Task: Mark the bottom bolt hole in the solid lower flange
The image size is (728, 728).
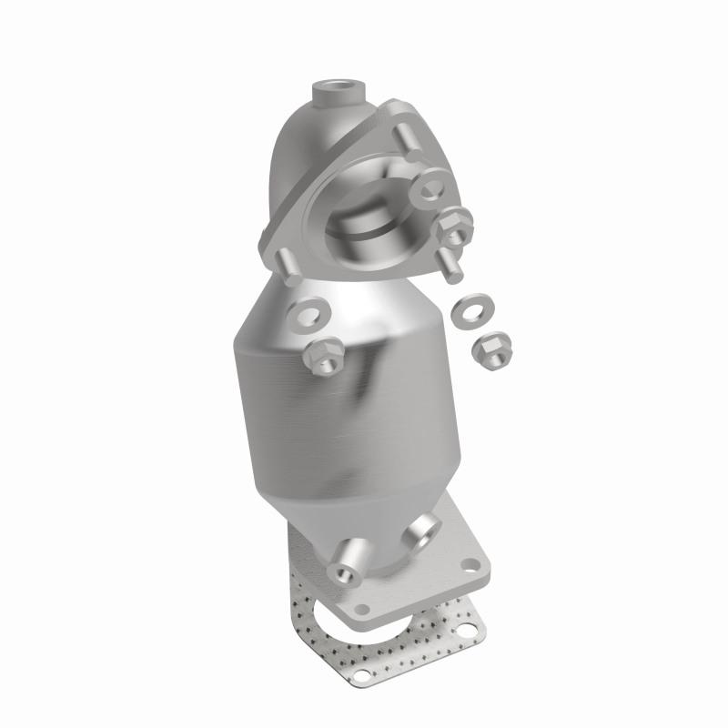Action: point(363,608)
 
